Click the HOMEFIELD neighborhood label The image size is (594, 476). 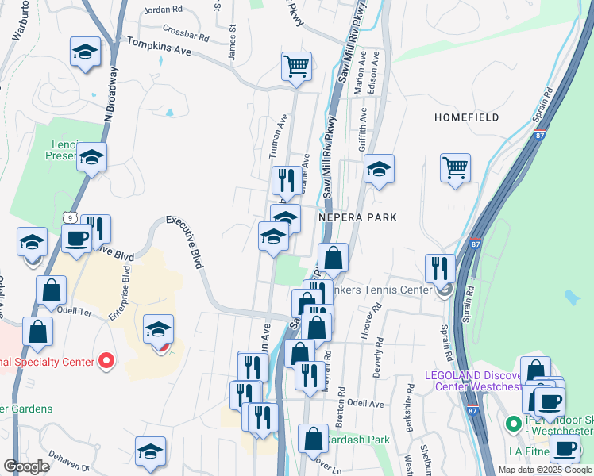tap(467, 117)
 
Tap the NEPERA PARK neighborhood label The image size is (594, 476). tap(357, 217)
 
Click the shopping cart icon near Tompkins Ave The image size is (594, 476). tap(296, 66)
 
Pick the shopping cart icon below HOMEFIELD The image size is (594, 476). tap(455, 167)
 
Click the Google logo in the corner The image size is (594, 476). tap(26, 466)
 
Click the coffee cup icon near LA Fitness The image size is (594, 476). tap(565, 448)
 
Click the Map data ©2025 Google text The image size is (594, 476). tap(545, 470)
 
